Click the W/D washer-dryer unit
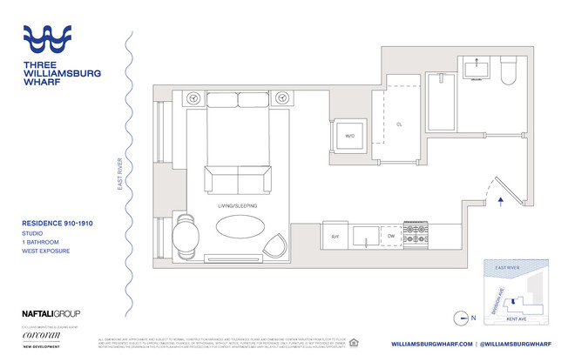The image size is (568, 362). coord(349,136)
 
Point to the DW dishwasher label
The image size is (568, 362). coord(391,235)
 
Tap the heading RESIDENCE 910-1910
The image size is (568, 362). coord(57,224)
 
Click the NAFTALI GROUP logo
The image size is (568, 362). coord(51,313)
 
